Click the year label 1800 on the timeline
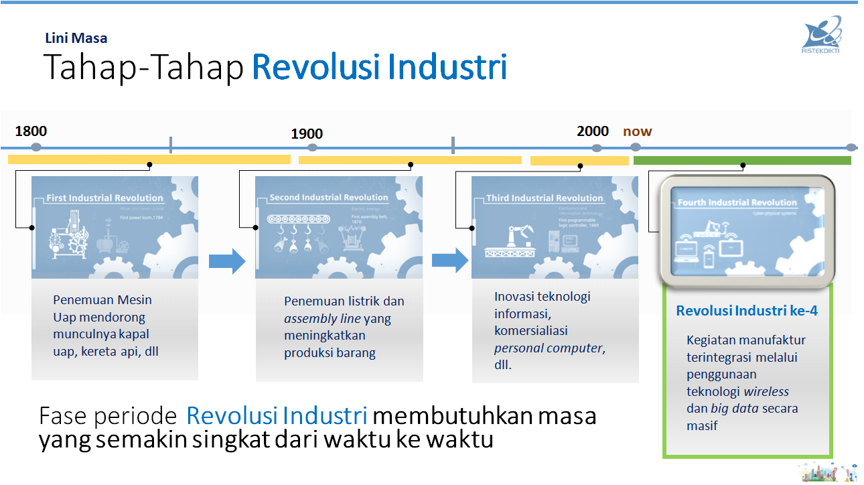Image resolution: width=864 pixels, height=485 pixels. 31,131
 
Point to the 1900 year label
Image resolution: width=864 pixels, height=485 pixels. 307,134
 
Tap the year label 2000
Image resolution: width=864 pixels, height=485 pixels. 593,131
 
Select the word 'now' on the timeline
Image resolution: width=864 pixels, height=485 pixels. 637,131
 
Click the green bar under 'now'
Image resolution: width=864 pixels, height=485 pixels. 742,160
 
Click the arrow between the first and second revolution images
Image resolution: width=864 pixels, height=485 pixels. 227,261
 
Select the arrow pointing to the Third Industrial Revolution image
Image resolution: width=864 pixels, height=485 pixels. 450,260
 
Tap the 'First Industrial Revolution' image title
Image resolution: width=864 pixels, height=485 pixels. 104,198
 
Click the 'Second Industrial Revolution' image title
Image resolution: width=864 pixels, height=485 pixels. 328,198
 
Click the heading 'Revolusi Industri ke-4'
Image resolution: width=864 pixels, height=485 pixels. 746,311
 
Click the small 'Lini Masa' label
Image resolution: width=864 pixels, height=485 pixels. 76,38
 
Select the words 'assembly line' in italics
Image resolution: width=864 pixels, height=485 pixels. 322,318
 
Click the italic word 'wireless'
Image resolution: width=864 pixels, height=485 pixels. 766,391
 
